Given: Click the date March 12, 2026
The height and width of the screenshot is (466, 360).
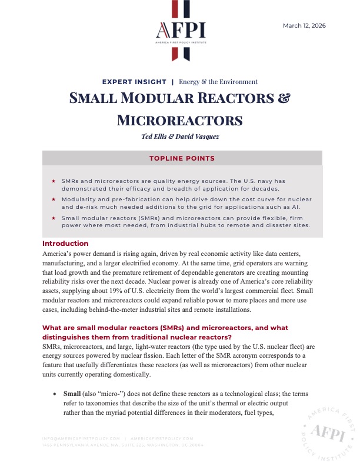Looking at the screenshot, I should coord(304,25).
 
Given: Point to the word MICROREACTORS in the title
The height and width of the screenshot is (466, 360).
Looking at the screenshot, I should coord(180,120).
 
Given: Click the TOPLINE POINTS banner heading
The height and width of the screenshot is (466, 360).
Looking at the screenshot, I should coord(182,158).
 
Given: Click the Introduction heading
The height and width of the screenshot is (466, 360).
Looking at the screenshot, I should coord(65,243).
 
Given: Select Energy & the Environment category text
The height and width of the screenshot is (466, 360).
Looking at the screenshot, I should coord(218,82).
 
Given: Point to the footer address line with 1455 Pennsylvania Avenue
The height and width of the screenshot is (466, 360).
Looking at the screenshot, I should coord(123,445).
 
